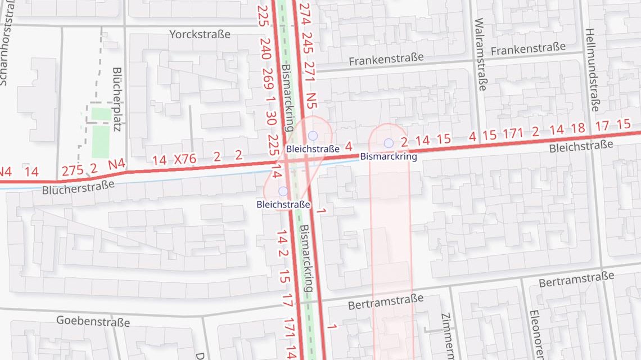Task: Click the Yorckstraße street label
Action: (200, 34)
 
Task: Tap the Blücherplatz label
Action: (118, 99)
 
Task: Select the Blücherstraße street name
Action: (78, 187)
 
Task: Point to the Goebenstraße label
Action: (93, 321)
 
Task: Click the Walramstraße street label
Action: (480, 54)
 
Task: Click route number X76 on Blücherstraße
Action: (185, 159)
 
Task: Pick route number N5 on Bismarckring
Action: (311, 100)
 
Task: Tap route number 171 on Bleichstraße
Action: (513, 133)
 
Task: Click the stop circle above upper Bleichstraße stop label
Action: (313, 136)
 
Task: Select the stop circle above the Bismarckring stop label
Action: (389, 143)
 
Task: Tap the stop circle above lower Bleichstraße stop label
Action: (283, 191)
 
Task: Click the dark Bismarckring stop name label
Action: (389, 156)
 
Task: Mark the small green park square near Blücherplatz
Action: (101, 114)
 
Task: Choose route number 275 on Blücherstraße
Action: (73, 170)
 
